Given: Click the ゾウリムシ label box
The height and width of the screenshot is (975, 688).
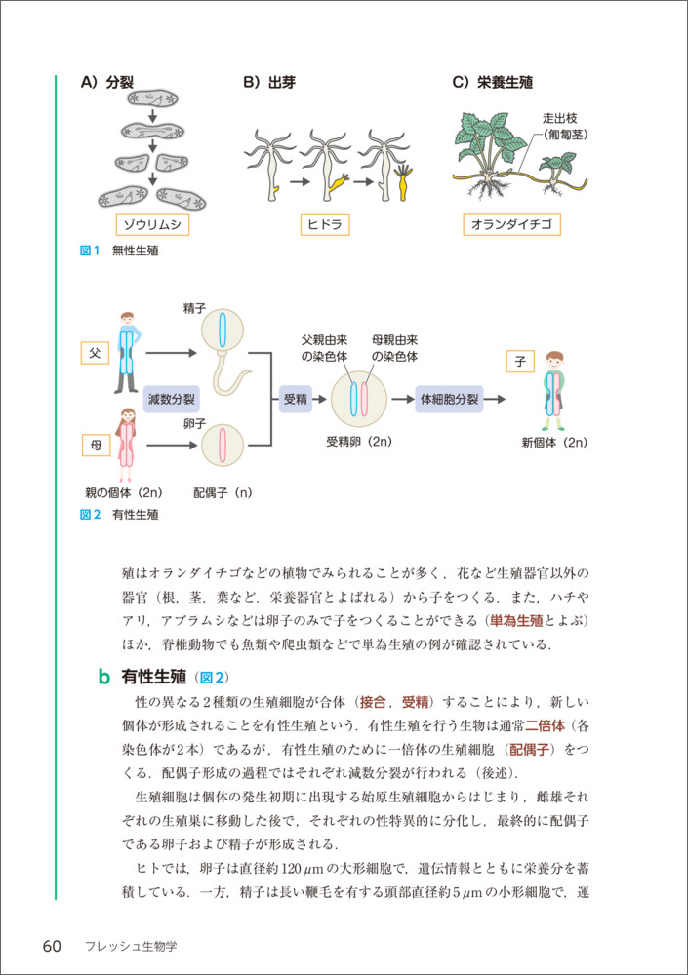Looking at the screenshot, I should point(152,225).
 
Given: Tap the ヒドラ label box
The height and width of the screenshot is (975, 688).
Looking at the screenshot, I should point(325,225).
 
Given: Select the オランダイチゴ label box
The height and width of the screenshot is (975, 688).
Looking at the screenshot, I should point(511,225).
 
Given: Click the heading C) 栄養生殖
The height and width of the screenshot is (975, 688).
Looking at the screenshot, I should point(492,83).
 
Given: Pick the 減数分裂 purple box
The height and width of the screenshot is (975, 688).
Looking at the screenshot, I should point(172,399).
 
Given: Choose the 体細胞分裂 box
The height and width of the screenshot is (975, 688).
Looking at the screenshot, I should point(449,399).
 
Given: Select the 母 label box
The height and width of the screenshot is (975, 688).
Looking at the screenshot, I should point(95,446).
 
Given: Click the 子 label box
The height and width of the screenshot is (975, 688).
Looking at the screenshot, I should point(520,362).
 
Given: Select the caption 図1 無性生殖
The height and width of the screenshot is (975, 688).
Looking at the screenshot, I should point(119,251).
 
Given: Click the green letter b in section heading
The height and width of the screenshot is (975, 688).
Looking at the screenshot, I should point(103,676).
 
